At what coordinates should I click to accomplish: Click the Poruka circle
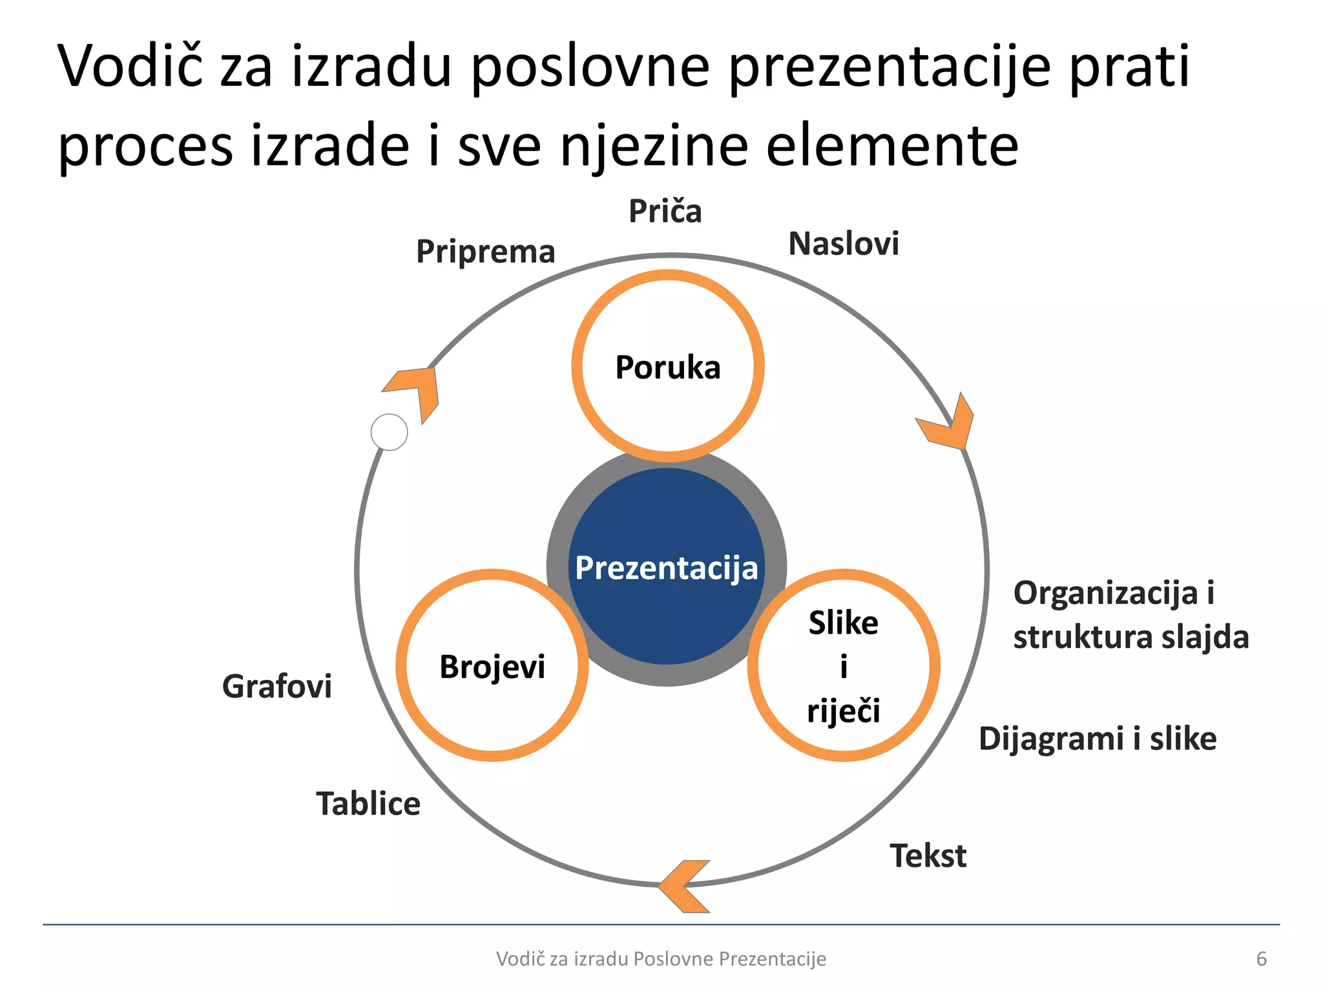[668, 366]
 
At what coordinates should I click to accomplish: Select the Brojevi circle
[492, 666]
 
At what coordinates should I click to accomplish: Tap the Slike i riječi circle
[843, 666]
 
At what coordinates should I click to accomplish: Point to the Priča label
[665, 211]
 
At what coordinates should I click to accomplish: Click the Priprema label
[486, 251]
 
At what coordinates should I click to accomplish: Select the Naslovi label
[844, 244]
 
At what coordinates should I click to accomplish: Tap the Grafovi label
[277, 686]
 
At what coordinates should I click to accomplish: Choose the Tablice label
[368, 804]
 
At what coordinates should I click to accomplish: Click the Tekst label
[928, 856]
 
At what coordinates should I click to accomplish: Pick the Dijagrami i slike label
[1098, 738]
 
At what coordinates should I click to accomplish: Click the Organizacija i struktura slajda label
[1130, 614]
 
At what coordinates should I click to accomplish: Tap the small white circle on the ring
[390, 432]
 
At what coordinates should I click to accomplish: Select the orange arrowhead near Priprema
[417, 391]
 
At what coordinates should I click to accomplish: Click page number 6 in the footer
[1261, 958]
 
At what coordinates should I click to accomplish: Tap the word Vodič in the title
[129, 66]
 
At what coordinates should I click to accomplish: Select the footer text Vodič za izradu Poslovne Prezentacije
[661, 958]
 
